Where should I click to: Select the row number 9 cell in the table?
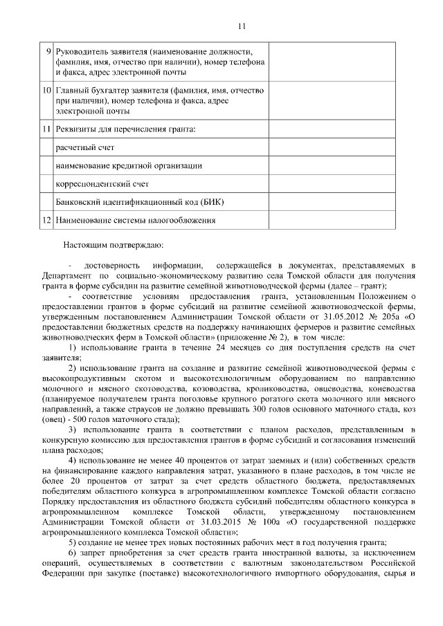pyautogui.click(x=47, y=52)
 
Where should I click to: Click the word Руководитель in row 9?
pyautogui.click(x=82, y=52)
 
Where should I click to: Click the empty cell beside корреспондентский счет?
pyautogui.click(x=332, y=184)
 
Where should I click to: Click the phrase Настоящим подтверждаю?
pyautogui.click(x=112, y=243)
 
